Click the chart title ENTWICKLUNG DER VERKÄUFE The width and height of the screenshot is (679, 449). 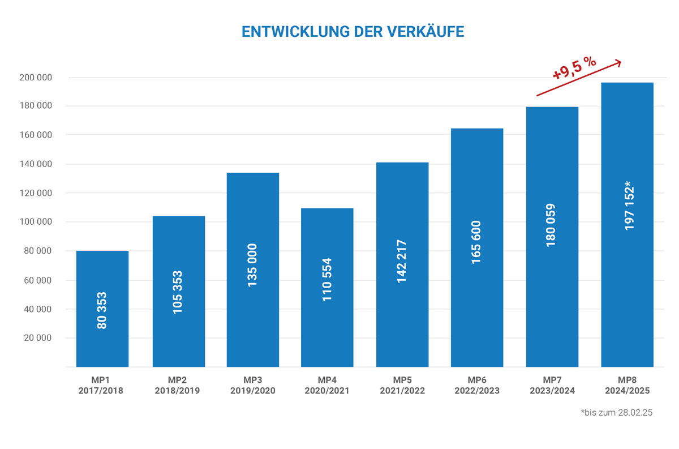tap(353, 32)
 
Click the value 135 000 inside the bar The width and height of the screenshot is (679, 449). tap(252, 265)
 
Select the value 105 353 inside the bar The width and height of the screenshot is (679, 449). tap(178, 292)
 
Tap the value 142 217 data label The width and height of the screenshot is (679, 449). tap(402, 262)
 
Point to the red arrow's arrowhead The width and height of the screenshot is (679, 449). tap(618, 62)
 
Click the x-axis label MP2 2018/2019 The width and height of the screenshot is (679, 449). tap(178, 385)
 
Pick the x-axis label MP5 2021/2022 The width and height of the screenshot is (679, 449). tap(402, 385)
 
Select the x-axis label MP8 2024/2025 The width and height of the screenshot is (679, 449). tap(627, 385)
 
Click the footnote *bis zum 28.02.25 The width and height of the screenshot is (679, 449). tap(617, 413)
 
